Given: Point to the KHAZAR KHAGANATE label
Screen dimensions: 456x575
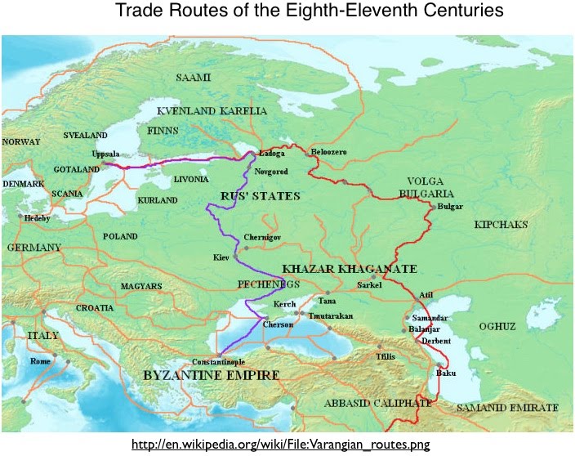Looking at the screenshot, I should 350,269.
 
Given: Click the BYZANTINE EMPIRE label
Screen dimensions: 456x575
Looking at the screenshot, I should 212,376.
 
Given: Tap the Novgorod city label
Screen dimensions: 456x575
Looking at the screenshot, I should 272,172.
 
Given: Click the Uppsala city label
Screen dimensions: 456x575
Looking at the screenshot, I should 105,154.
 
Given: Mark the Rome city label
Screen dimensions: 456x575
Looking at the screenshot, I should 41,360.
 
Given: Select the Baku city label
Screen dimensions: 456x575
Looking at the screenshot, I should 446,373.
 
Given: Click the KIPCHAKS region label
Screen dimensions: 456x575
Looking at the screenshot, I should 501,224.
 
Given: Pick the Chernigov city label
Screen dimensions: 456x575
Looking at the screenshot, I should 263,237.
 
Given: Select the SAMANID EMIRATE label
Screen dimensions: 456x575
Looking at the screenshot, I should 510,407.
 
